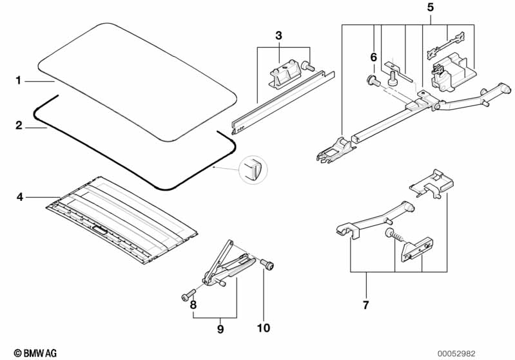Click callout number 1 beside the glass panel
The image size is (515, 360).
pyautogui.click(x=19, y=81)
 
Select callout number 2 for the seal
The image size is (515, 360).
pyautogui.click(x=19, y=124)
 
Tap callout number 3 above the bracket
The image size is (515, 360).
pyautogui.click(x=278, y=35)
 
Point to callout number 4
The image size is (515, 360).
pyautogui.click(x=19, y=196)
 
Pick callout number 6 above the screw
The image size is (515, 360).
pyautogui.click(x=373, y=57)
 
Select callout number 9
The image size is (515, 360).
pyautogui.click(x=220, y=329)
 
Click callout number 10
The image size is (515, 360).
pyautogui.click(x=263, y=328)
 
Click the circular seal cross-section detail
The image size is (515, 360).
pyautogui.click(x=252, y=171)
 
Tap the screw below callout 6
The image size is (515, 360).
pyautogui.click(x=373, y=81)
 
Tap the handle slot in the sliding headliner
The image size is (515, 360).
pyautogui.click(x=102, y=229)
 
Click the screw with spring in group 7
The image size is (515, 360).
pyautogui.click(x=392, y=234)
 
